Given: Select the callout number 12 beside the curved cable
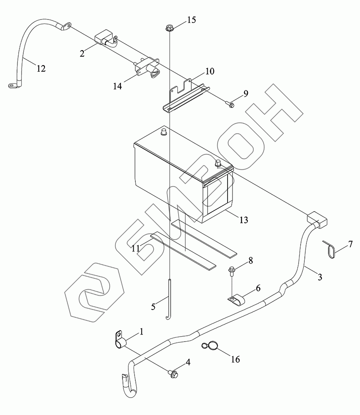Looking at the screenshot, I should (x=41, y=68).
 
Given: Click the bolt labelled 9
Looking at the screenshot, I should (x=230, y=104).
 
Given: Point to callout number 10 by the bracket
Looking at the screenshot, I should (x=209, y=71).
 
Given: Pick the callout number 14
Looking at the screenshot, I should (x=118, y=86).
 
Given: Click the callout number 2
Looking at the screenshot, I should (x=82, y=53).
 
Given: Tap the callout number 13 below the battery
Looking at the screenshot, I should (x=244, y=220).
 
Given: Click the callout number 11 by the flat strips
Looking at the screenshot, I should (x=135, y=248).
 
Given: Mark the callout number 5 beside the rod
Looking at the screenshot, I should (x=153, y=307).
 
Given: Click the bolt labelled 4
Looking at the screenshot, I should (x=173, y=374).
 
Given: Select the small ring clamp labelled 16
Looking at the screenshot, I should (x=211, y=345).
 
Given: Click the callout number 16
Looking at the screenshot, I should (x=235, y=359).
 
